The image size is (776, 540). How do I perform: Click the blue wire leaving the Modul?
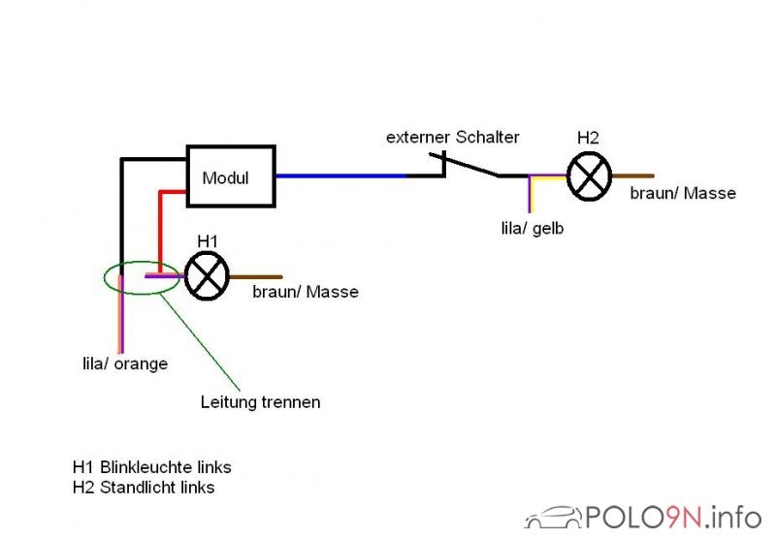point(341,175)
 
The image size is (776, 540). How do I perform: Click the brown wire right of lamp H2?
point(633,175)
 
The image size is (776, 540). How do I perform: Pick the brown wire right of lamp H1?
point(256,277)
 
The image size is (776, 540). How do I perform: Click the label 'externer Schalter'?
point(453,137)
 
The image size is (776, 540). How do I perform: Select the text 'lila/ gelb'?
point(533,229)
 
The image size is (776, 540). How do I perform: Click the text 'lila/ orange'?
point(125,364)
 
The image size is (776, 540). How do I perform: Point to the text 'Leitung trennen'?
point(260,402)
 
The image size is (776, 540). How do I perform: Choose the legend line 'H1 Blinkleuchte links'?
point(152,467)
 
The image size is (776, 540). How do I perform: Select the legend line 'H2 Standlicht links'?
point(144,487)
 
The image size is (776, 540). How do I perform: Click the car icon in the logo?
point(554,518)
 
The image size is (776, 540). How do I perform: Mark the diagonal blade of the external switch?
point(464,165)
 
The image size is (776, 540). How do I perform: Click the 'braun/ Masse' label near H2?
point(683,193)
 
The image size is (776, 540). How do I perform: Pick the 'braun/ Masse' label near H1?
point(306,292)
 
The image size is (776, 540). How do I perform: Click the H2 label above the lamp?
point(588,138)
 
